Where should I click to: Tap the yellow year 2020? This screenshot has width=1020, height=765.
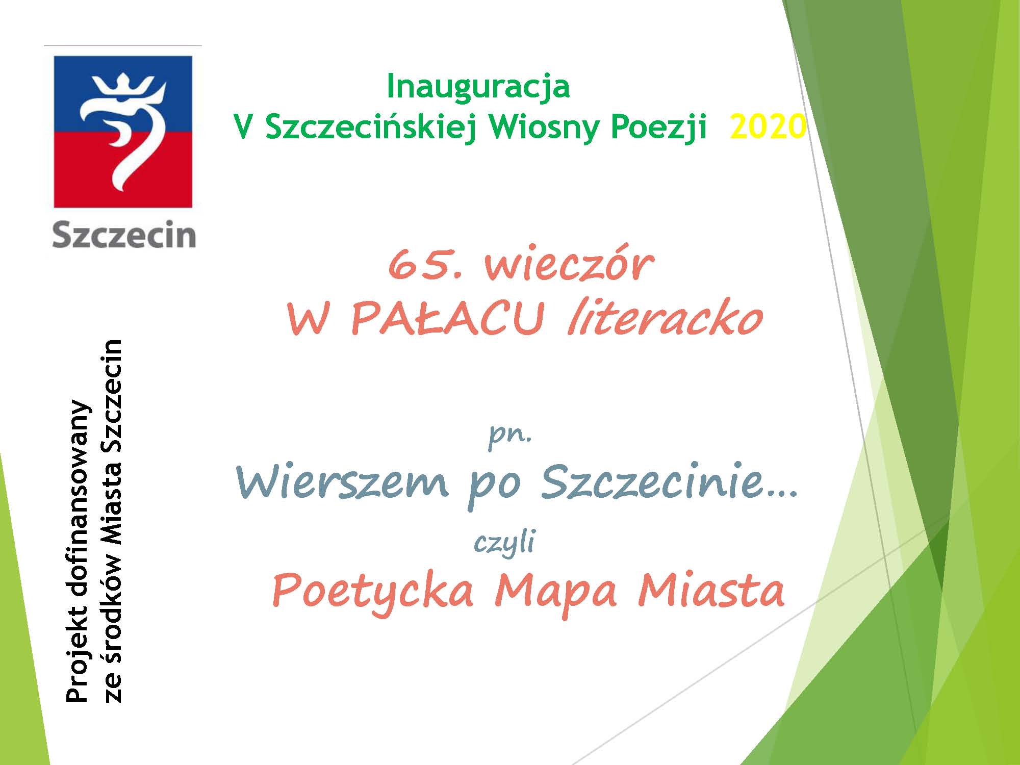coord(768,126)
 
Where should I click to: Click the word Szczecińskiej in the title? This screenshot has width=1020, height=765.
coord(371,127)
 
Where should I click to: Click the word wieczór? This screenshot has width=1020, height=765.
coord(569,265)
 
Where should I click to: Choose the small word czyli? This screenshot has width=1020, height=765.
coord(504,542)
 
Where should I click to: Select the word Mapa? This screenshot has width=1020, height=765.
coord(555,592)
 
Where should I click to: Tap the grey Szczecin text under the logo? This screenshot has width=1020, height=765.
coord(123,235)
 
